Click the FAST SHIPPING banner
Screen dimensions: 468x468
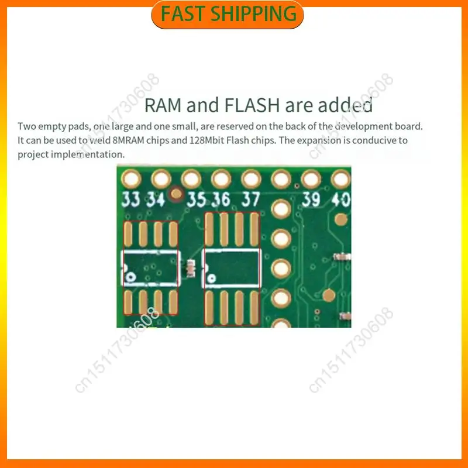[228, 14]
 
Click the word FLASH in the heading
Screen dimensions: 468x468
[252, 105]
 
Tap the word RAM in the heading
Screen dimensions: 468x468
[163, 105]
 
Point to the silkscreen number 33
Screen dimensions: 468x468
[130, 199]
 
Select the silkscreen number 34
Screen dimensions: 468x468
[156, 199]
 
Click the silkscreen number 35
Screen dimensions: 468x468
[196, 199]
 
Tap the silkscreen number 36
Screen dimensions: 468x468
[221, 199]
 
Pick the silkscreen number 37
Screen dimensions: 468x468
[251, 199]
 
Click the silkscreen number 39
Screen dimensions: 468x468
[311, 199]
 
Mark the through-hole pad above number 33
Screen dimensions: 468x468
[131, 180]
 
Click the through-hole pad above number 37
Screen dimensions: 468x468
[252, 180]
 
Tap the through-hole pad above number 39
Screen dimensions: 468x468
[311, 180]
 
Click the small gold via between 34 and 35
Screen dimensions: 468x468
[176, 194]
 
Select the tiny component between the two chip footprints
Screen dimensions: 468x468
[191, 268]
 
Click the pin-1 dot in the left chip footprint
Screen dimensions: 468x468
[130, 277]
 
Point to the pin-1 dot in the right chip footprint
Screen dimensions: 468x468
[211, 279]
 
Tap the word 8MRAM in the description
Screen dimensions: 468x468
[128, 140]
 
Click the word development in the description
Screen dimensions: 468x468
[363, 126]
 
